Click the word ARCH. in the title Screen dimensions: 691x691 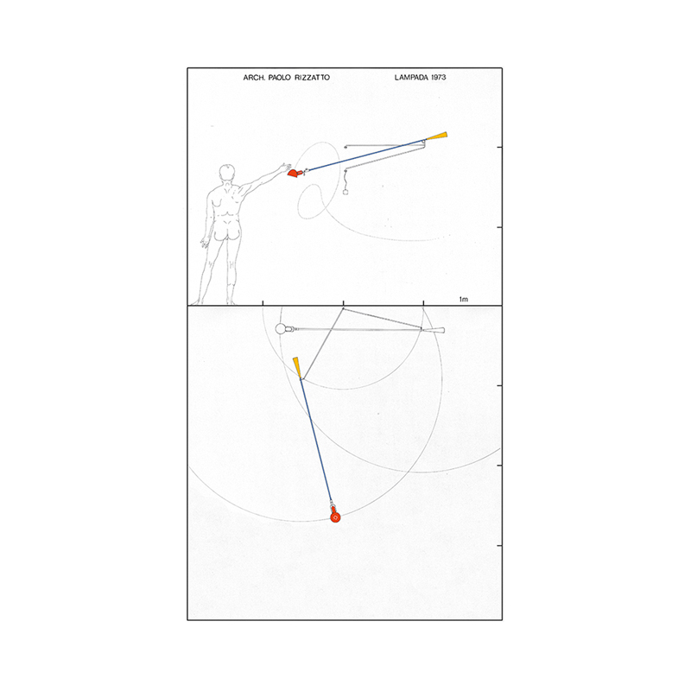click(x=254, y=78)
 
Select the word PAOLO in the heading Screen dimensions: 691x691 click(x=279, y=78)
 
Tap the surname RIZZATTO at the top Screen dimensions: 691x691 click(x=312, y=78)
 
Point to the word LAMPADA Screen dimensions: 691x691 click(x=411, y=77)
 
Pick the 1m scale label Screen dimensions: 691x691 click(x=464, y=299)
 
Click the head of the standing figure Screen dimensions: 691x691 click(x=226, y=172)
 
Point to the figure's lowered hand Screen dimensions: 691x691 click(x=204, y=243)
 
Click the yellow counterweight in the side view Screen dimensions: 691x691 click(x=437, y=136)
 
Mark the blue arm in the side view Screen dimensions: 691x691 click(x=366, y=155)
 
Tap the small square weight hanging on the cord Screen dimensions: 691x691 click(x=345, y=192)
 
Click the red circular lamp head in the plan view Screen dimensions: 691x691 click(x=335, y=517)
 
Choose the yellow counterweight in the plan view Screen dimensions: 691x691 click(x=297, y=367)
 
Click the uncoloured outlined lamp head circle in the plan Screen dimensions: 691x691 click(x=280, y=329)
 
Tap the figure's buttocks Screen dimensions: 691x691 click(x=225, y=232)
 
